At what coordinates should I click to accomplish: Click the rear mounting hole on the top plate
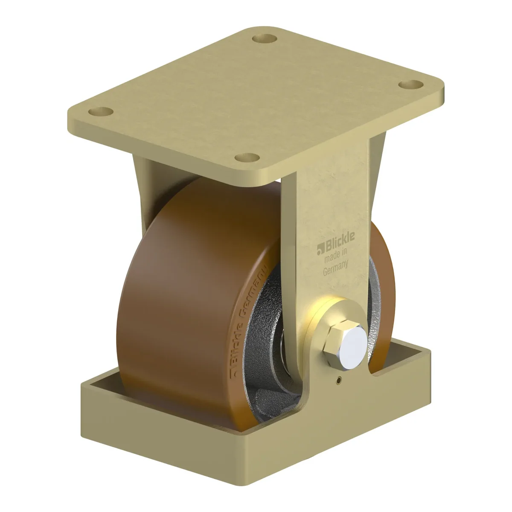(x=265, y=39)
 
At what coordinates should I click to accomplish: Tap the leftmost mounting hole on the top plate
(x=101, y=112)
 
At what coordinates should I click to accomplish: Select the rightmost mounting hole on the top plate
(x=411, y=85)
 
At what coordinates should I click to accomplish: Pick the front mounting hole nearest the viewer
(x=247, y=158)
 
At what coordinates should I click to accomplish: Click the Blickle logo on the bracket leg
(x=336, y=243)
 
